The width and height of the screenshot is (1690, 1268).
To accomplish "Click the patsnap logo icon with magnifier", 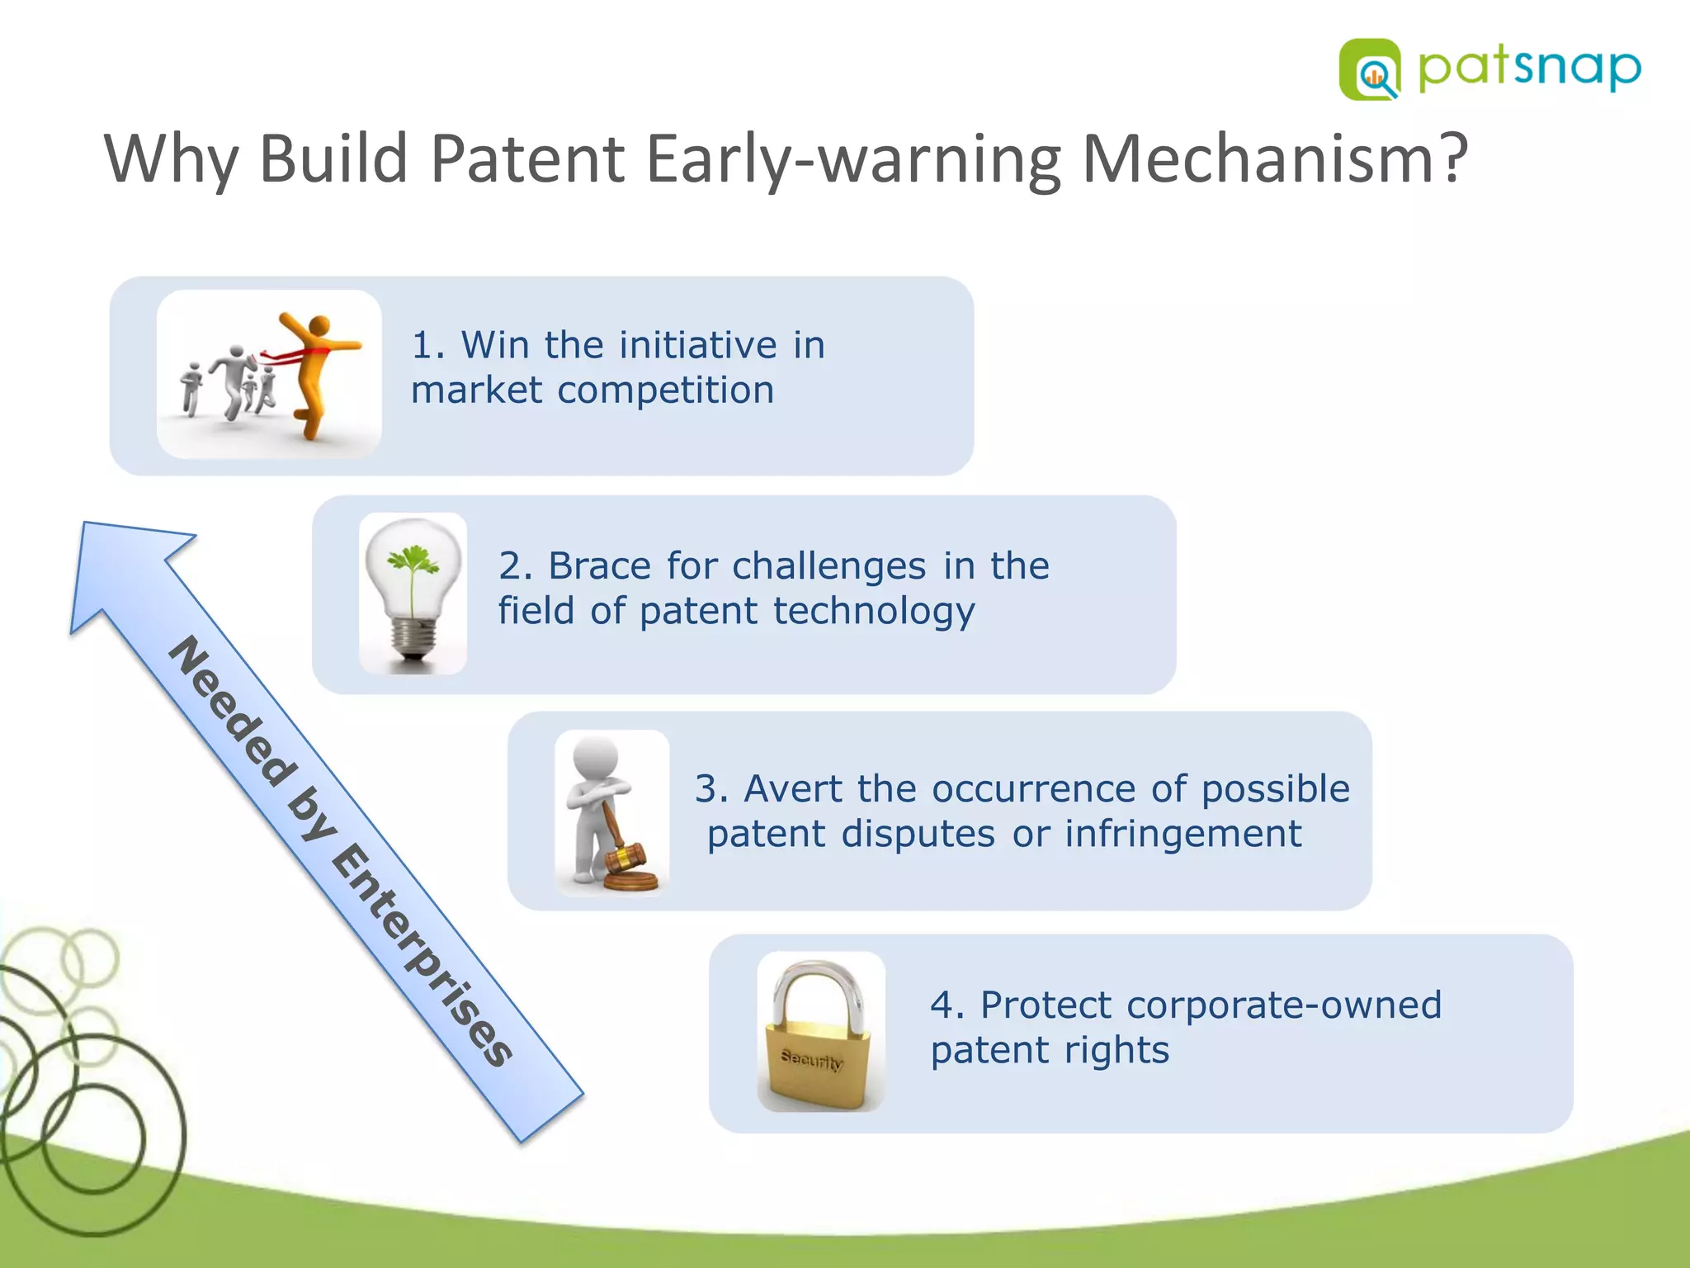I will coord(1370,70).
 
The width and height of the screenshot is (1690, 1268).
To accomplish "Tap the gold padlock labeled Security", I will coord(817,1061).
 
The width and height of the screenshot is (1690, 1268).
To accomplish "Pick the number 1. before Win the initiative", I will coord(427,345).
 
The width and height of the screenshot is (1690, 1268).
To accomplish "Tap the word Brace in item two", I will coord(600,566).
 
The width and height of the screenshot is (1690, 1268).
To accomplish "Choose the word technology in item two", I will coord(874,612).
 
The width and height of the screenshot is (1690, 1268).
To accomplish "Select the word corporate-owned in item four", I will coord(1283,1005).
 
